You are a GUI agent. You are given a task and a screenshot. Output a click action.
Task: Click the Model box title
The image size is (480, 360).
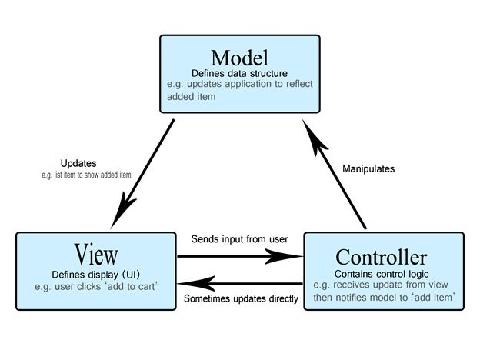tap(239, 58)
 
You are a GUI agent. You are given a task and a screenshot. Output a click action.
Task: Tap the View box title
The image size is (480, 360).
tap(96, 254)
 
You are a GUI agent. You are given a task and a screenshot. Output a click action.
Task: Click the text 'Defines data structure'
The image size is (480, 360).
tap(239, 73)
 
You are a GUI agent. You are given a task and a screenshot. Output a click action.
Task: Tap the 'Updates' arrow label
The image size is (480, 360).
tap(78, 163)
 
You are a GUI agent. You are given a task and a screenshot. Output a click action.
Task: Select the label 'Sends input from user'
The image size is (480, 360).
tap(239, 239)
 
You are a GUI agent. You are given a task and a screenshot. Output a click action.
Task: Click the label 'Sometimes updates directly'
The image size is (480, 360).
tap(240, 298)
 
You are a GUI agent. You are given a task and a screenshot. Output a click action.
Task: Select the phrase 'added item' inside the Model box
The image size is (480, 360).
tap(191, 98)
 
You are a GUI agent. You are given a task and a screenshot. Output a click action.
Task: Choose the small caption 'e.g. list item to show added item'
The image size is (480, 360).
tap(86, 175)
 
